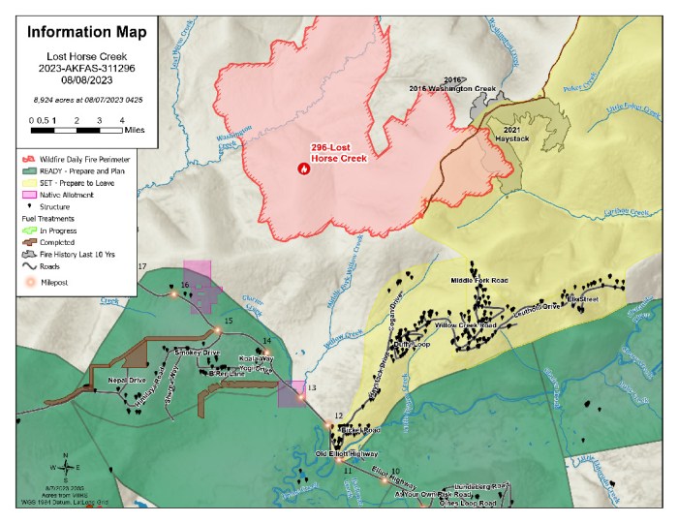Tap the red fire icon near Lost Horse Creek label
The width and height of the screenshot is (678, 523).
(x=303, y=167)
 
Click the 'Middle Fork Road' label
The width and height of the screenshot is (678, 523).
(x=479, y=281)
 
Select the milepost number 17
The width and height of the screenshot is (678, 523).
(x=142, y=266)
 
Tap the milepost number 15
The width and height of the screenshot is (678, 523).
(x=229, y=321)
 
